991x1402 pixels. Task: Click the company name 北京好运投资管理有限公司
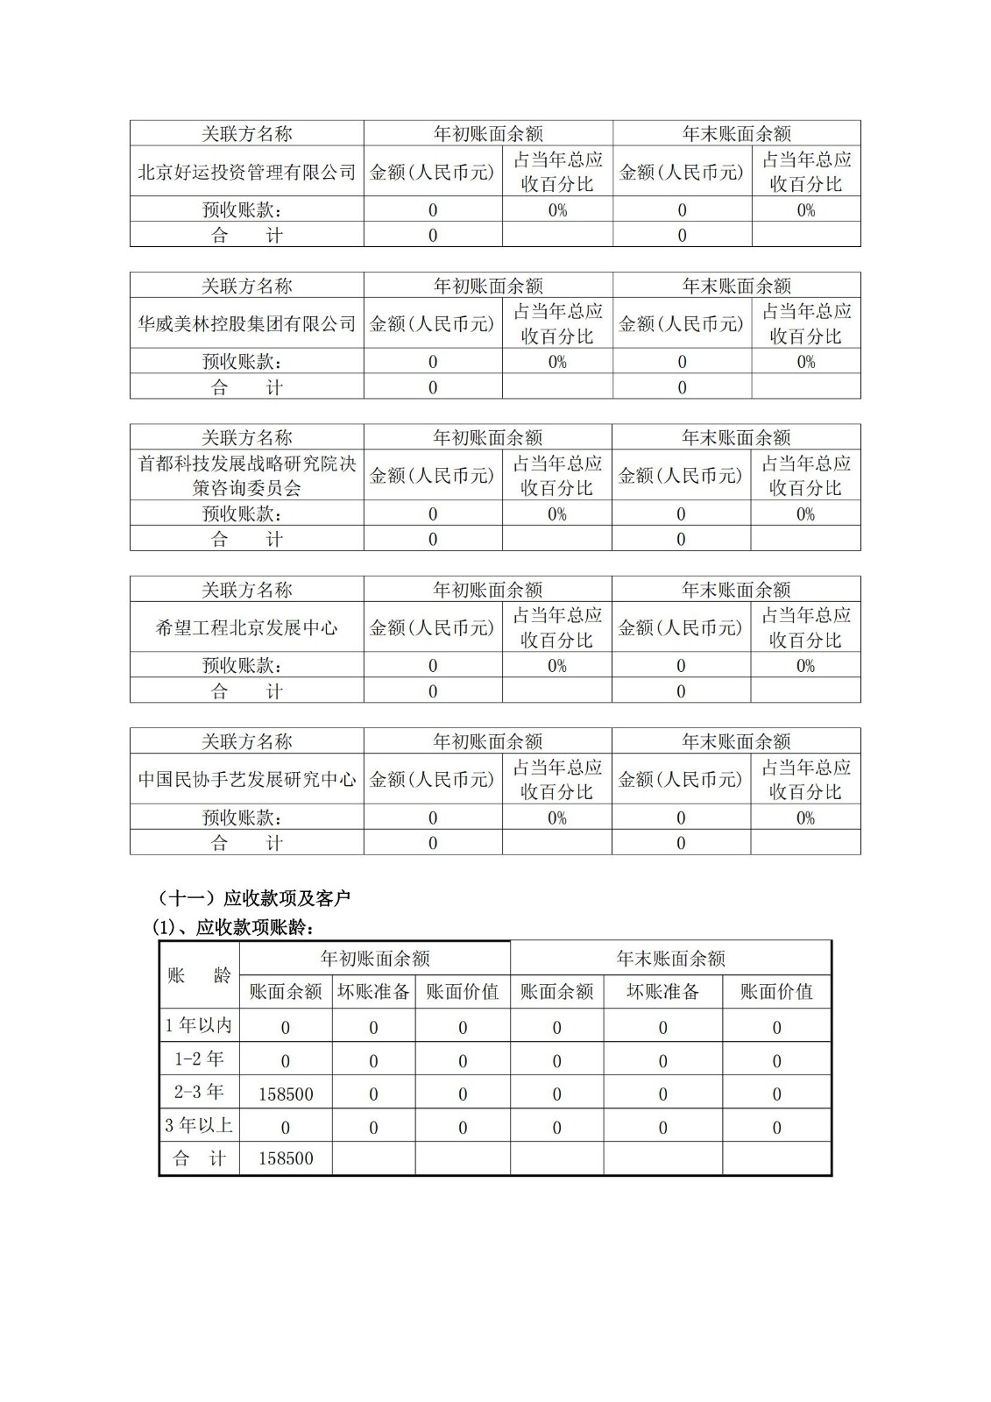(247, 172)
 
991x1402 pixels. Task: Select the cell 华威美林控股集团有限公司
(247, 324)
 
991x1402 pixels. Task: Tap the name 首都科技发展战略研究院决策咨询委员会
(247, 476)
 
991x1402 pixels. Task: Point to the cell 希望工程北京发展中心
(247, 627)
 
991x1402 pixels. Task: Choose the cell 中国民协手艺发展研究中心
(247, 779)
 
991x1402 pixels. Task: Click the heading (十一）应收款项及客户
(253, 898)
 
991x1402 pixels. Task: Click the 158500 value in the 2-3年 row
(286, 1094)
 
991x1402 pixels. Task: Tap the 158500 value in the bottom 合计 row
(286, 1158)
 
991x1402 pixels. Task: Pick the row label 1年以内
(199, 1025)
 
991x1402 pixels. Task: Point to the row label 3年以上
(199, 1125)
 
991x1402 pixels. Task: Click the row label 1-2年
(199, 1059)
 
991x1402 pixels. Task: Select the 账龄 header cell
(199, 975)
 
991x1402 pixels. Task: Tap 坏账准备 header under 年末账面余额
(662, 992)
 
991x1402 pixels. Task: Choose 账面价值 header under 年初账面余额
(463, 992)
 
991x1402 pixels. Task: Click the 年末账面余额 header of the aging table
(670, 959)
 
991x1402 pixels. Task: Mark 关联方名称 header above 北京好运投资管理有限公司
(247, 134)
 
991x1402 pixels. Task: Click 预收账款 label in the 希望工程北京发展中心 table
(242, 666)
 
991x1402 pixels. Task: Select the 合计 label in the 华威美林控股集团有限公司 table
(247, 387)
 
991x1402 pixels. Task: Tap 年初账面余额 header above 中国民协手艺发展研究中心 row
(488, 741)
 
